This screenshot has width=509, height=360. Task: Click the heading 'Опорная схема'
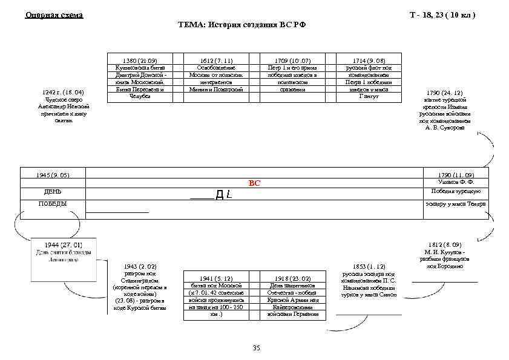pyautogui.click(x=54, y=15)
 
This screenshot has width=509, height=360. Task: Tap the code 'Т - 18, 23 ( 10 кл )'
pyautogui.click(x=443, y=15)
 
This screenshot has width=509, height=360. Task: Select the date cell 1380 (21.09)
pyautogui.click(x=139, y=61)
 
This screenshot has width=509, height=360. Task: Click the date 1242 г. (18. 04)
pyautogui.click(x=63, y=92)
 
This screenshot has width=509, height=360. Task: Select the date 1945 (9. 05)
pyautogui.click(x=53, y=175)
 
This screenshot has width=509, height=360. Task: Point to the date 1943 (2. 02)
pyautogui.click(x=140, y=266)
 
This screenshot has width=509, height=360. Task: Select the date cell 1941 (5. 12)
pyautogui.click(x=215, y=278)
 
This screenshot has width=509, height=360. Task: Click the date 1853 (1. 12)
pyautogui.click(x=368, y=266)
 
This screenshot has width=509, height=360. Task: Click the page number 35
pyautogui.click(x=255, y=349)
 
